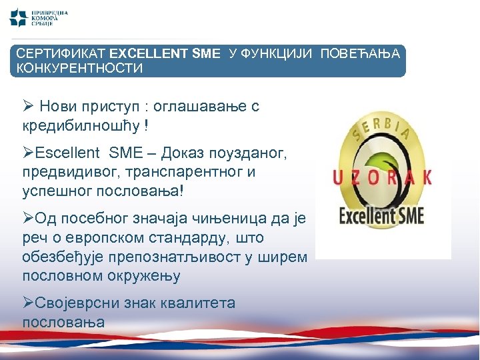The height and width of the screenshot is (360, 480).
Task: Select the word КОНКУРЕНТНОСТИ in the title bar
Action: tap(79, 68)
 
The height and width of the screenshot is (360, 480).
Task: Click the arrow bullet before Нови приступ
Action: tap(27, 106)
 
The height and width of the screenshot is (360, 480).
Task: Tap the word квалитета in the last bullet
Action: tap(198, 303)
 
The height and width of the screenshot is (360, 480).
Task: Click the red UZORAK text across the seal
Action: tap(383, 177)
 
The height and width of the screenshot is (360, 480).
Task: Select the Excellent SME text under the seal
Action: tap(382, 215)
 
